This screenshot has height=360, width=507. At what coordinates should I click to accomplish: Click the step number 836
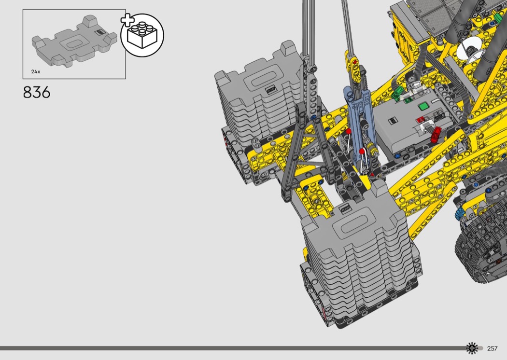tap(37, 93)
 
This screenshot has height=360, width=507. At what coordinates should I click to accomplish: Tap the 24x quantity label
tap(36, 71)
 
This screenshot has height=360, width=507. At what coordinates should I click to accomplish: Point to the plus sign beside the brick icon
tap(127, 20)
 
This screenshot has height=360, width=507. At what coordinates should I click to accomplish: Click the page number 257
tap(492, 348)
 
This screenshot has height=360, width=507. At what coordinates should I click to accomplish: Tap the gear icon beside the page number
tap(472, 348)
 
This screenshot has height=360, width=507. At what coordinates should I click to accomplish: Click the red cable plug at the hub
tap(436, 134)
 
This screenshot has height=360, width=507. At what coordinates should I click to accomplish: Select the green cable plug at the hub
tap(396, 94)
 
